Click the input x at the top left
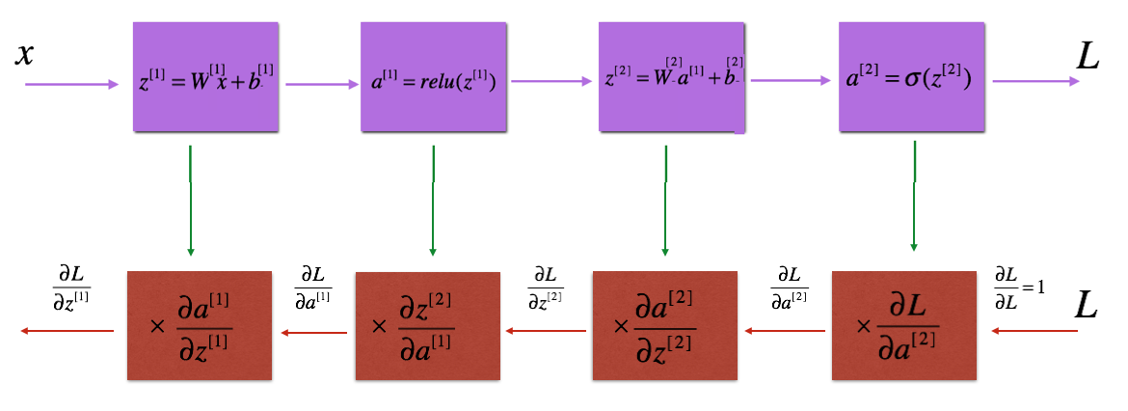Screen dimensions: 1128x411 coord(25,55)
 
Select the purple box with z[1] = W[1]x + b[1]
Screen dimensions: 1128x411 coord(205,76)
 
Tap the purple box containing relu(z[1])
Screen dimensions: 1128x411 coord(433,76)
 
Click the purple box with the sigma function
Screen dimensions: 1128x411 coord(911,76)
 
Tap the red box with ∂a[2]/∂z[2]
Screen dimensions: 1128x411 coord(664,325)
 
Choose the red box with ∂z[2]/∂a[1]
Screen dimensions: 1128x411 coord(428,325)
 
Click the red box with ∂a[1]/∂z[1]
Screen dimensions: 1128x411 coord(200,325)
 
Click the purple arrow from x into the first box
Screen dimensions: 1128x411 coord(72,84)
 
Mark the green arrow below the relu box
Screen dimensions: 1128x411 coord(433,200)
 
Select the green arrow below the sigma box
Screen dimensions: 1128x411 coord(914,196)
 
